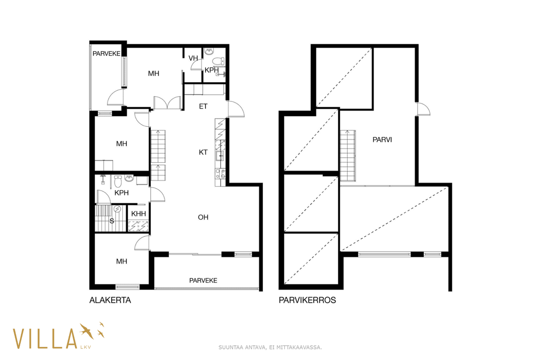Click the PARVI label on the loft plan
[x=382, y=139]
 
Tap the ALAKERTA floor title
[x=110, y=300]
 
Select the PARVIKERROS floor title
[x=307, y=300]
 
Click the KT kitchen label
[x=203, y=152]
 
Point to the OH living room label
[x=203, y=217]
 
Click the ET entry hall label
[x=203, y=106]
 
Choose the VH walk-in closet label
[x=193, y=58]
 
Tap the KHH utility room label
[x=139, y=214]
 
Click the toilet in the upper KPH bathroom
[x=218, y=61]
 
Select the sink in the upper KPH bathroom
[x=209, y=52]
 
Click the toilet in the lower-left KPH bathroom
[x=118, y=182]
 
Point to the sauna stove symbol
[x=117, y=208]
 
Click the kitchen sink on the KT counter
[x=219, y=156]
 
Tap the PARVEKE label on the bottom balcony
[x=203, y=281]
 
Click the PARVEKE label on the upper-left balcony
[x=106, y=54]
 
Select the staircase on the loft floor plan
[x=348, y=156]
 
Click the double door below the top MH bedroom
[x=167, y=103]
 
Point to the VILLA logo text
[x=45, y=338]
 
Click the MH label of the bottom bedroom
[x=121, y=261]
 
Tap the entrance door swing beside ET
[x=236, y=109]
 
